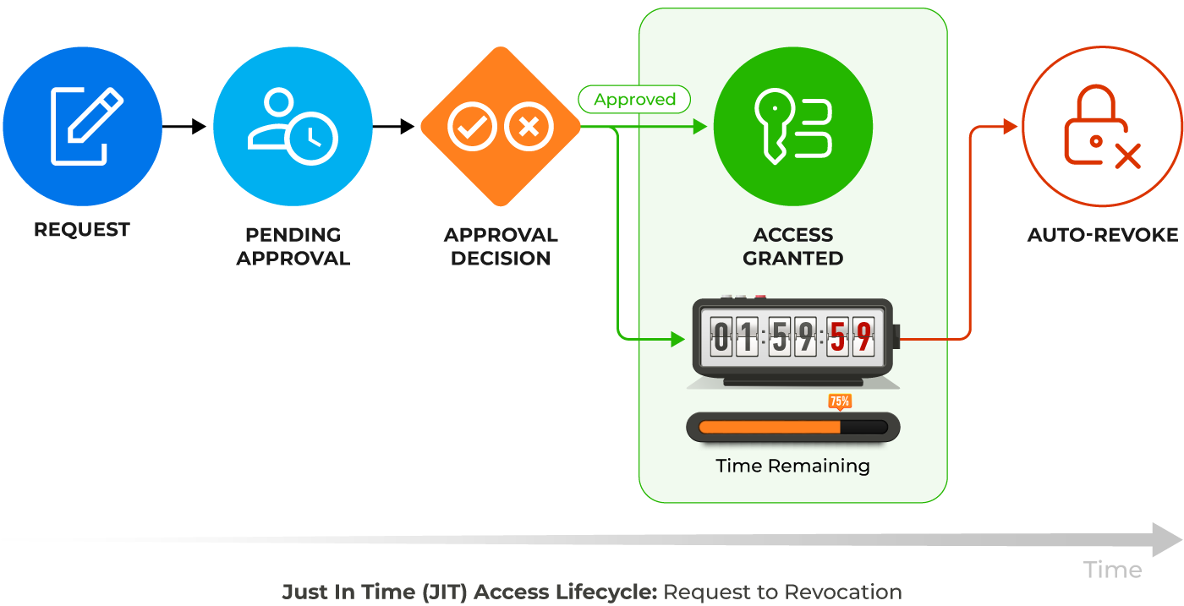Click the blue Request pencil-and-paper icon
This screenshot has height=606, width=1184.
click(x=82, y=125)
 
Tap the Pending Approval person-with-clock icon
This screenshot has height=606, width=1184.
click(x=293, y=125)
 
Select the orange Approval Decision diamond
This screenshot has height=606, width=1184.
click(x=501, y=127)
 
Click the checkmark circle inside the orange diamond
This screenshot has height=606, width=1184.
click(x=472, y=128)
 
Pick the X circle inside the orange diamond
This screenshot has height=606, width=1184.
click(x=529, y=128)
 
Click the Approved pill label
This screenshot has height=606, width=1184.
click(x=634, y=100)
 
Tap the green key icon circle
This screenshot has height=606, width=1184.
click(x=793, y=127)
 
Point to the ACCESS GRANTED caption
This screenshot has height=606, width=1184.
click(x=793, y=247)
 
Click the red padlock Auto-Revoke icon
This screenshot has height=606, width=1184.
click(x=1102, y=127)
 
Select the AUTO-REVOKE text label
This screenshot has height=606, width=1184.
click(x=1102, y=235)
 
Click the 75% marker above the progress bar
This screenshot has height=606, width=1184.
click(x=840, y=401)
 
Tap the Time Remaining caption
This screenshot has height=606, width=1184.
click(x=792, y=466)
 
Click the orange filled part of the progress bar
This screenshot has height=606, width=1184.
click(x=770, y=427)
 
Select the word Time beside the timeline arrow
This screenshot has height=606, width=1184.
click(x=1112, y=571)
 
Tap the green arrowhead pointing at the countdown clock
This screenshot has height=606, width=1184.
click(x=677, y=339)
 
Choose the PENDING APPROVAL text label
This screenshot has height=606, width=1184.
click(x=293, y=247)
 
